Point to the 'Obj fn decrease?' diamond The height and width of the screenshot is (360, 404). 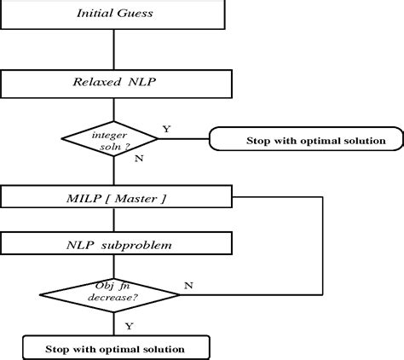(112, 293)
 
